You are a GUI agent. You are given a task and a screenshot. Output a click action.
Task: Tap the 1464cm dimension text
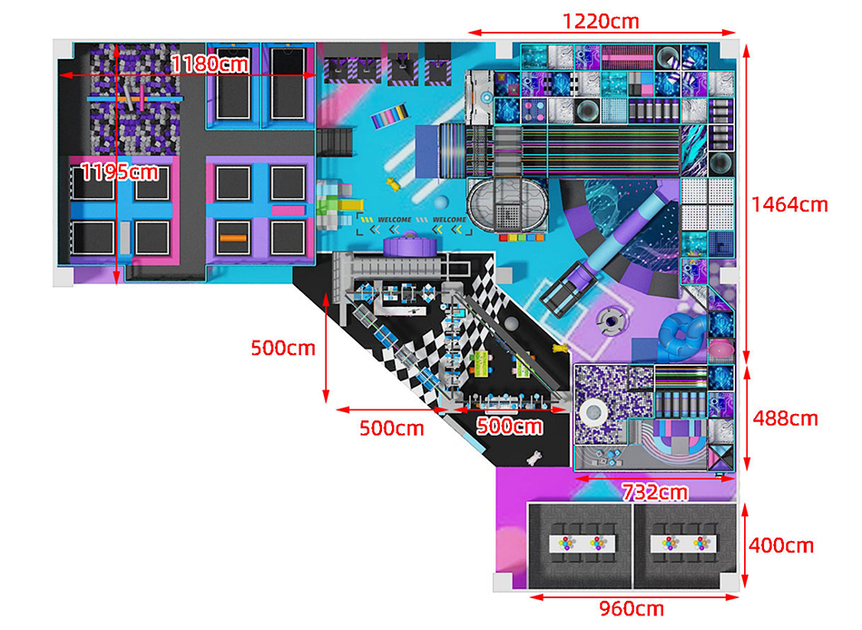coord(789,204)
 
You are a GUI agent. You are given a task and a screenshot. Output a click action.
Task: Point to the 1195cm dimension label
coord(118,172)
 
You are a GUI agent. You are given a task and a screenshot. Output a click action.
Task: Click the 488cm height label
coord(785,418)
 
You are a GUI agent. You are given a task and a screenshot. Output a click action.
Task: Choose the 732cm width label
coord(654,493)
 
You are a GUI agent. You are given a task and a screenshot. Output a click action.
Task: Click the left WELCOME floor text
coord(394,220)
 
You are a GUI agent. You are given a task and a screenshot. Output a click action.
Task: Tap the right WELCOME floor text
coord(449,220)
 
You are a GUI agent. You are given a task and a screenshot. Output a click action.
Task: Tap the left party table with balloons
coord(581,542)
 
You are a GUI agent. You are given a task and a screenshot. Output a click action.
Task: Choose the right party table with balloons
coord(685,542)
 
